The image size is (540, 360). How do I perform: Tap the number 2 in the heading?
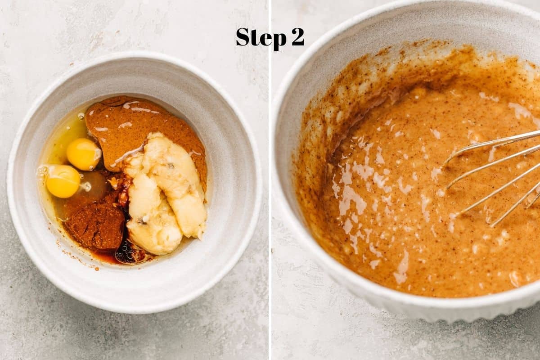tap(298, 37)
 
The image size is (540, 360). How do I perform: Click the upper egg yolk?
tap(83, 154)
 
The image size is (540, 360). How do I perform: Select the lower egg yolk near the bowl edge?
tap(63, 181)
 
